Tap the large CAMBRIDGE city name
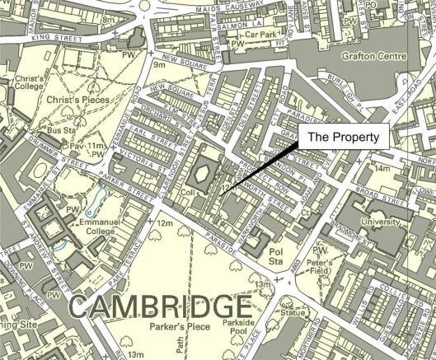(x=154, y=306)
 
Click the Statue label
(x=291, y=313)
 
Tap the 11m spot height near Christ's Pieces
(x=96, y=143)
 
